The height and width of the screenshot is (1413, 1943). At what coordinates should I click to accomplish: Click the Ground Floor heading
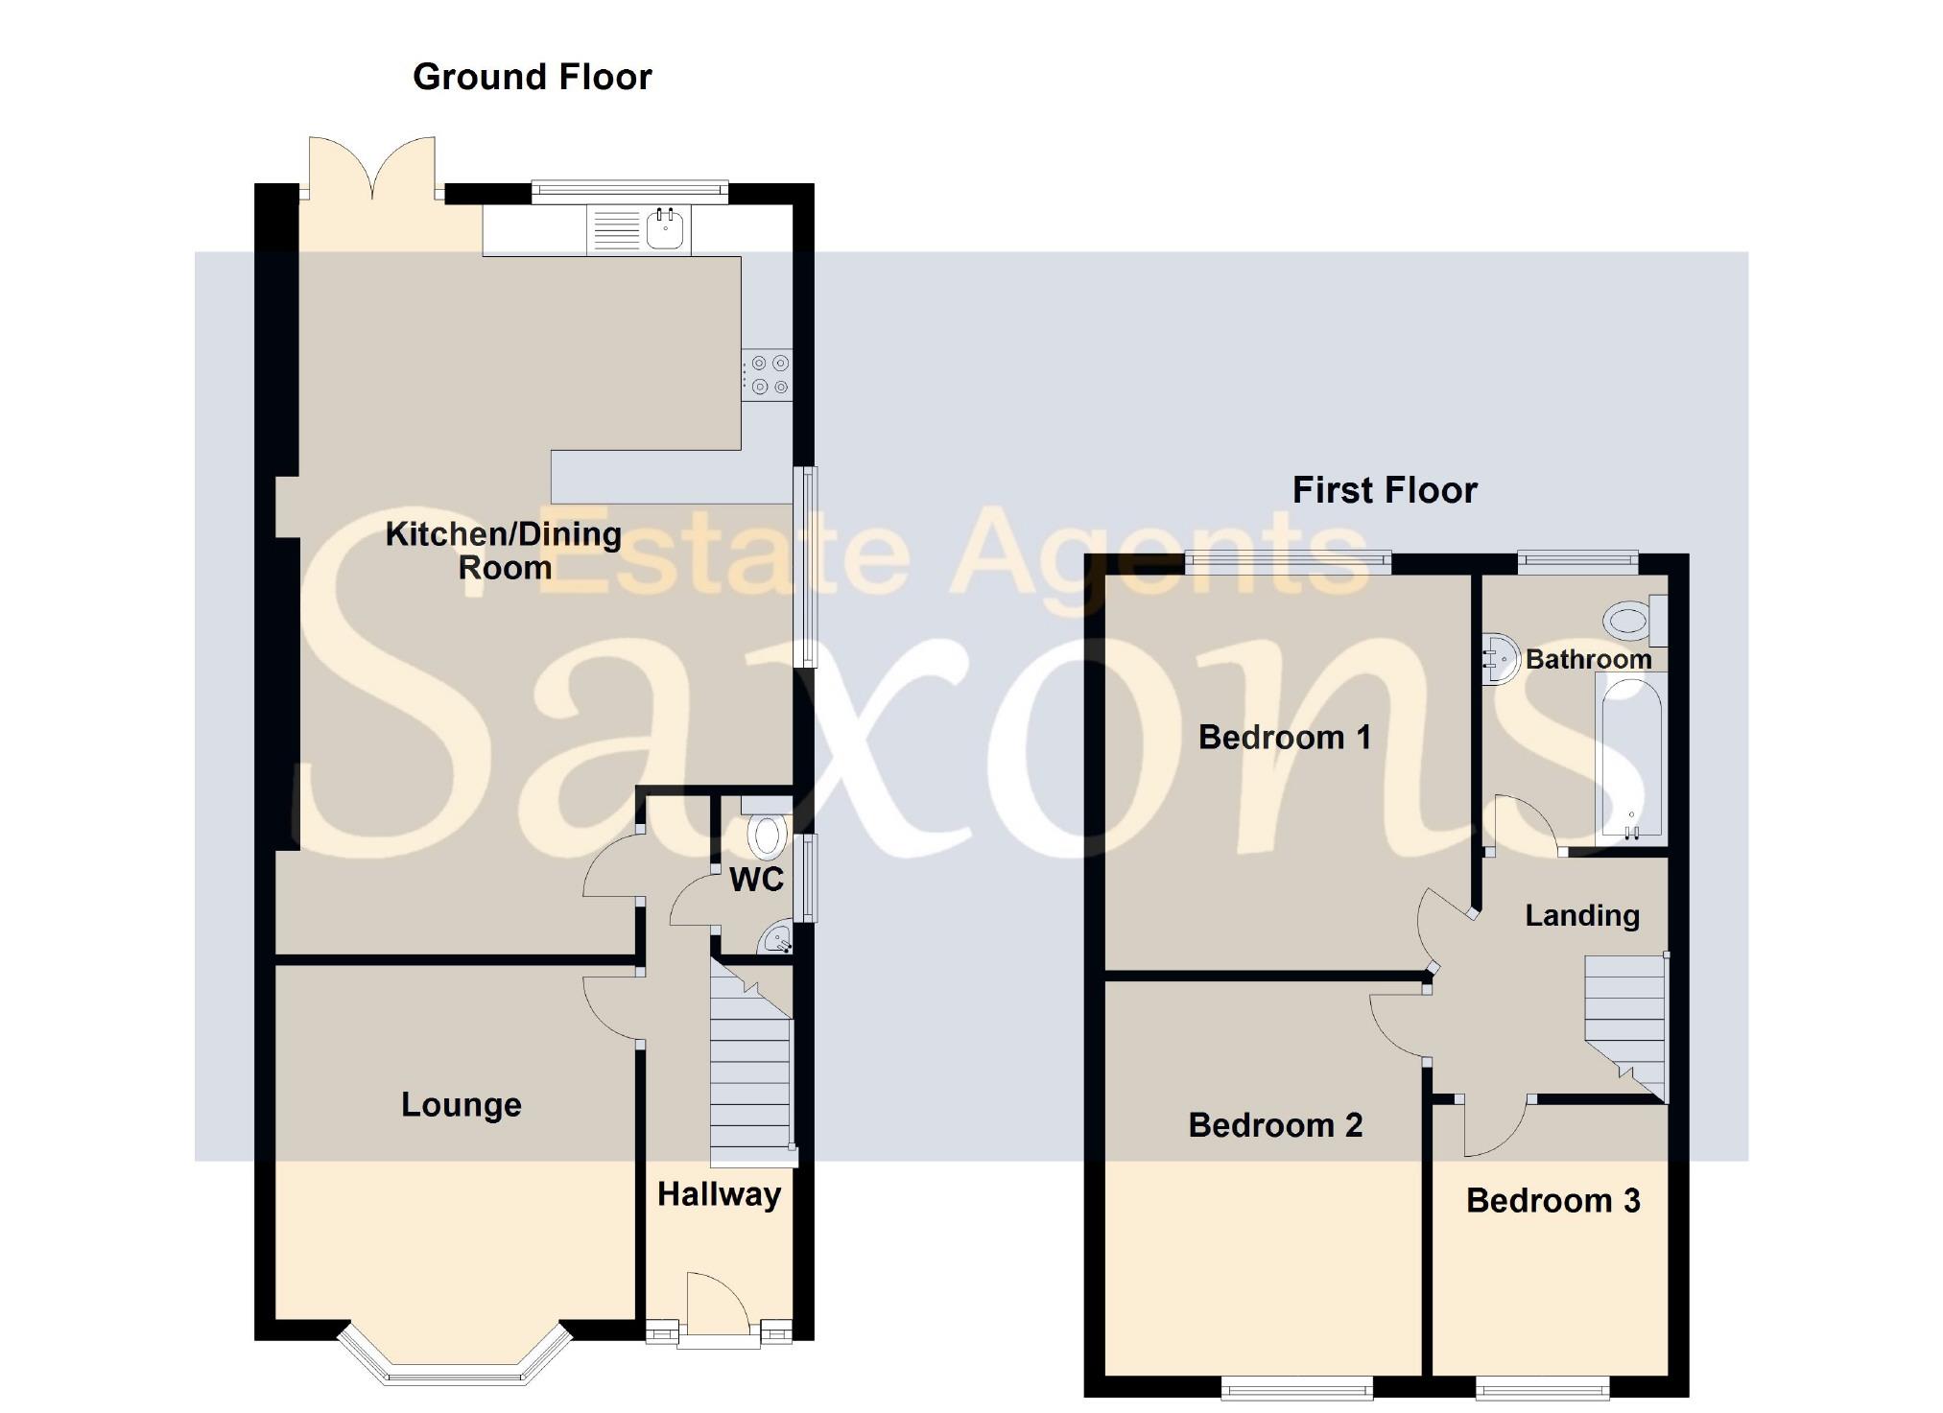click(x=532, y=77)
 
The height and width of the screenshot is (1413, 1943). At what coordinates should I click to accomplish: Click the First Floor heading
click(x=1384, y=490)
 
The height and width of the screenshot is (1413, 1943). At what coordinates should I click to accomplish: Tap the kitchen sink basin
click(x=665, y=229)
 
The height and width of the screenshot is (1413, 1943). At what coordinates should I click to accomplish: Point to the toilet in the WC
click(x=767, y=835)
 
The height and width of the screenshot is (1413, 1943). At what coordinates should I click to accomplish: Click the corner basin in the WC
click(x=776, y=939)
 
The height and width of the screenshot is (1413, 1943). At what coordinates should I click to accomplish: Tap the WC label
click(x=756, y=879)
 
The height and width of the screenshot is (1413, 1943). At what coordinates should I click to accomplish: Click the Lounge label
click(x=461, y=1104)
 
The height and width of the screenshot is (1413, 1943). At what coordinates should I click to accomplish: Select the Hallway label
click(x=719, y=1194)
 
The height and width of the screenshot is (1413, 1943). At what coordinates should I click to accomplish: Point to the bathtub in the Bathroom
click(x=1630, y=758)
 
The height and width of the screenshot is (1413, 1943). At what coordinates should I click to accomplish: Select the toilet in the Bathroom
click(x=1632, y=621)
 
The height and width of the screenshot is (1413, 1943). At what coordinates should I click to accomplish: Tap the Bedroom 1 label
click(x=1284, y=737)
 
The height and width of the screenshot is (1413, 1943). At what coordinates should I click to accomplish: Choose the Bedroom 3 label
click(x=1552, y=1200)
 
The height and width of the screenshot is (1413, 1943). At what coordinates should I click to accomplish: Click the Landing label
click(x=1581, y=915)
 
